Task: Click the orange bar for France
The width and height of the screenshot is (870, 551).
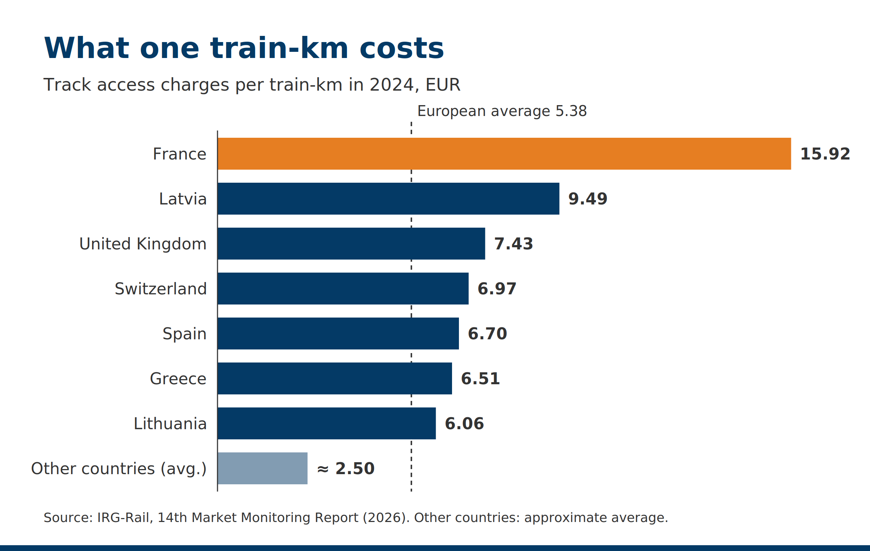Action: (504, 154)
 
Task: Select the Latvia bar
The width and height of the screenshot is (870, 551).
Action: (389, 199)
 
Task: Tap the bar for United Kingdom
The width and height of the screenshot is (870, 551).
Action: (351, 244)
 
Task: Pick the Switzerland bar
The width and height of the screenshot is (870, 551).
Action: (343, 289)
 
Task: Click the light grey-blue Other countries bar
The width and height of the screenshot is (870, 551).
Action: (262, 468)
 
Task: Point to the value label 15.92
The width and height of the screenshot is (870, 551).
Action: (825, 154)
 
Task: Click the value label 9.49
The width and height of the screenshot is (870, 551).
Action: (588, 199)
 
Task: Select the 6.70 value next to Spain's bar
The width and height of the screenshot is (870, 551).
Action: (487, 334)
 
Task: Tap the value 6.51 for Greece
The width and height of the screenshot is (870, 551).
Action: (480, 379)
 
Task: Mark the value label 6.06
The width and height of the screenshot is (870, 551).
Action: (464, 424)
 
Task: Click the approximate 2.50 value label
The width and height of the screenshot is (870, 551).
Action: (346, 469)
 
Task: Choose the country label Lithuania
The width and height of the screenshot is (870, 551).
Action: (170, 424)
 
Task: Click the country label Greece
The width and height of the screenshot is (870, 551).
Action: (178, 379)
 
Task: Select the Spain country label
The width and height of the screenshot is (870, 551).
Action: (185, 334)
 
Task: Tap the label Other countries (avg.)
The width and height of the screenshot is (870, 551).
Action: (119, 469)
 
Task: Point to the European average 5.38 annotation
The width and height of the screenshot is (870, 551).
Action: (502, 111)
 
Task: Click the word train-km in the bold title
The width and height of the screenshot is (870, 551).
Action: (279, 48)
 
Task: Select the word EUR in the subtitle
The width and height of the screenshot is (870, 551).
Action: (443, 85)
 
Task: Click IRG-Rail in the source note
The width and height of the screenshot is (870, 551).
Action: (123, 518)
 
